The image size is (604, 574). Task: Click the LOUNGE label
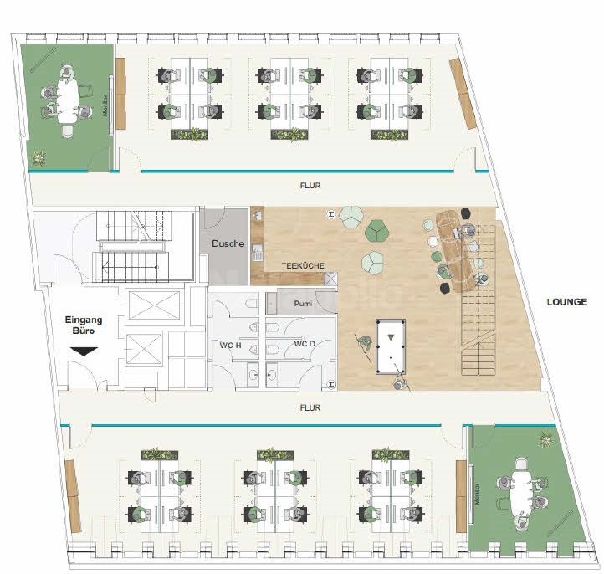[567, 302]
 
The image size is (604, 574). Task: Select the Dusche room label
[228, 243]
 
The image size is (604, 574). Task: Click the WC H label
[232, 344]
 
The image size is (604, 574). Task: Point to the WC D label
[305, 344]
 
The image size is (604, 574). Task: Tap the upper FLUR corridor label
[310, 186]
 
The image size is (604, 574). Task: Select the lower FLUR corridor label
[310, 407]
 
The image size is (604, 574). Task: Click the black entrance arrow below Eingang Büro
[84, 352]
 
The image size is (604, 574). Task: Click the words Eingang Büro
[84, 325]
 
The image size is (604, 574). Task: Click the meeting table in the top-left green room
[66, 99]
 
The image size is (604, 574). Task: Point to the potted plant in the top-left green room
[38, 156]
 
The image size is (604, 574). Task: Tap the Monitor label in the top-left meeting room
[106, 105]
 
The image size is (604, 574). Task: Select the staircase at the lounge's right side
[479, 326]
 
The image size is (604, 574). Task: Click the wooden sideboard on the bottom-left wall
[73, 496]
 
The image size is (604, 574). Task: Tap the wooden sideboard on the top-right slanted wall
[463, 87]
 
